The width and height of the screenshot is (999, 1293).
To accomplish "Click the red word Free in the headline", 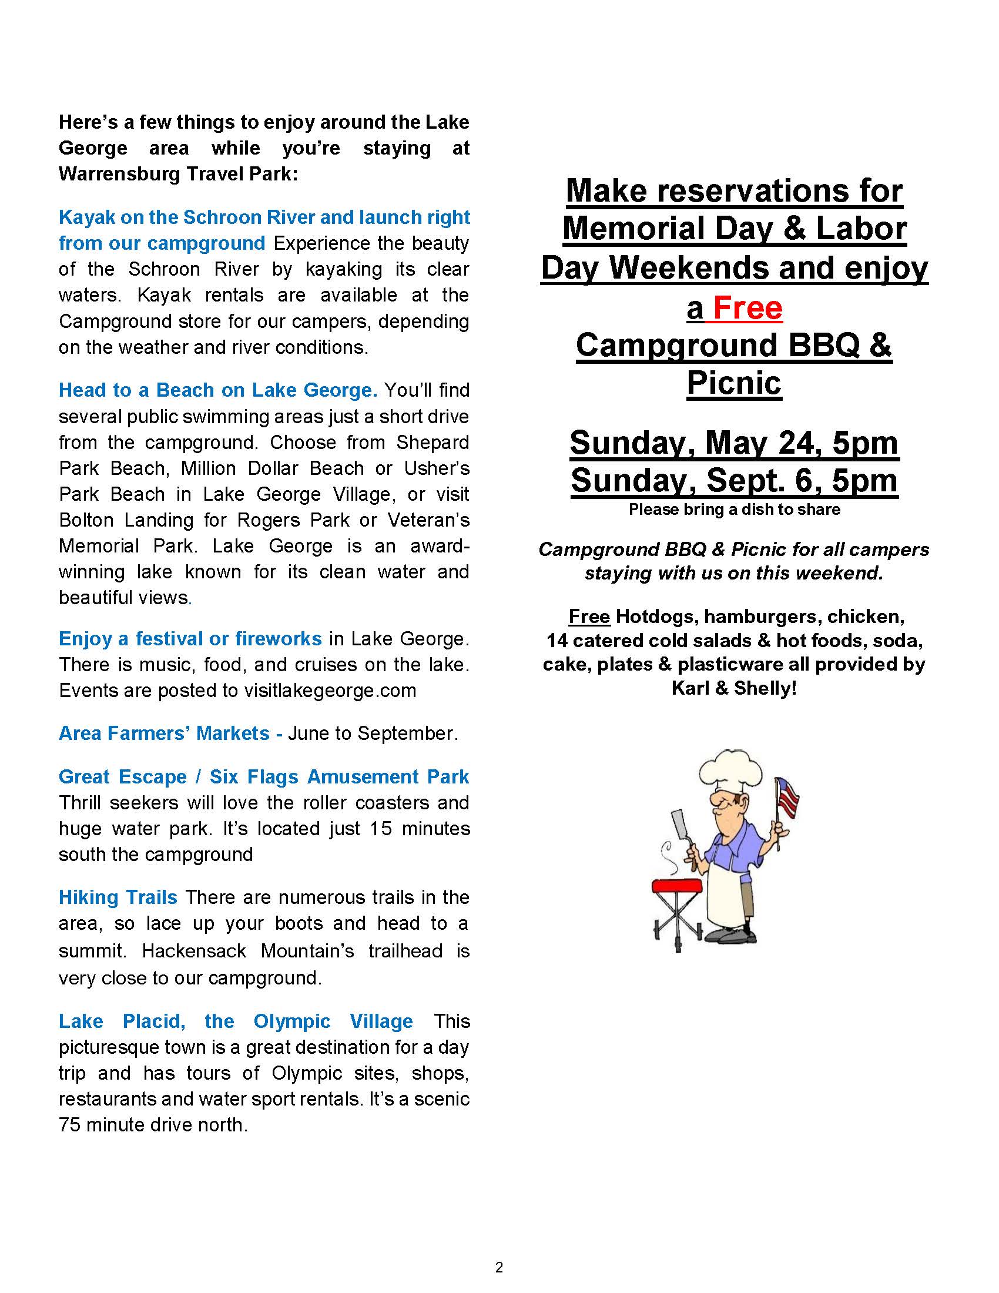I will pos(747,308).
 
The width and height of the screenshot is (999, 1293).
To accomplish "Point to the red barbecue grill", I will pos(676,886).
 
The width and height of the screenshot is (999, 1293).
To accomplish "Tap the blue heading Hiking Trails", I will pos(118,897).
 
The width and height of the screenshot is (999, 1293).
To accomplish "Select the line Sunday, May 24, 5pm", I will pos(734,442).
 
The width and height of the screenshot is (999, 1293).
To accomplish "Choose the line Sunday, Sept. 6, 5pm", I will pos(734,480).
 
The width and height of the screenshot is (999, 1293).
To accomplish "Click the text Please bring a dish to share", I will pos(734,510).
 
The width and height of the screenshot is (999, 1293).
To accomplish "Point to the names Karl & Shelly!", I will pos(734,688).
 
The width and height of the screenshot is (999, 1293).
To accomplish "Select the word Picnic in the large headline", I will pos(734,383).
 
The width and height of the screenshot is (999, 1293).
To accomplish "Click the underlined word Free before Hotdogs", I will pos(589,617).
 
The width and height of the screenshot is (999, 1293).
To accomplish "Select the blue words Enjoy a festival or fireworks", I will pos(190,639).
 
